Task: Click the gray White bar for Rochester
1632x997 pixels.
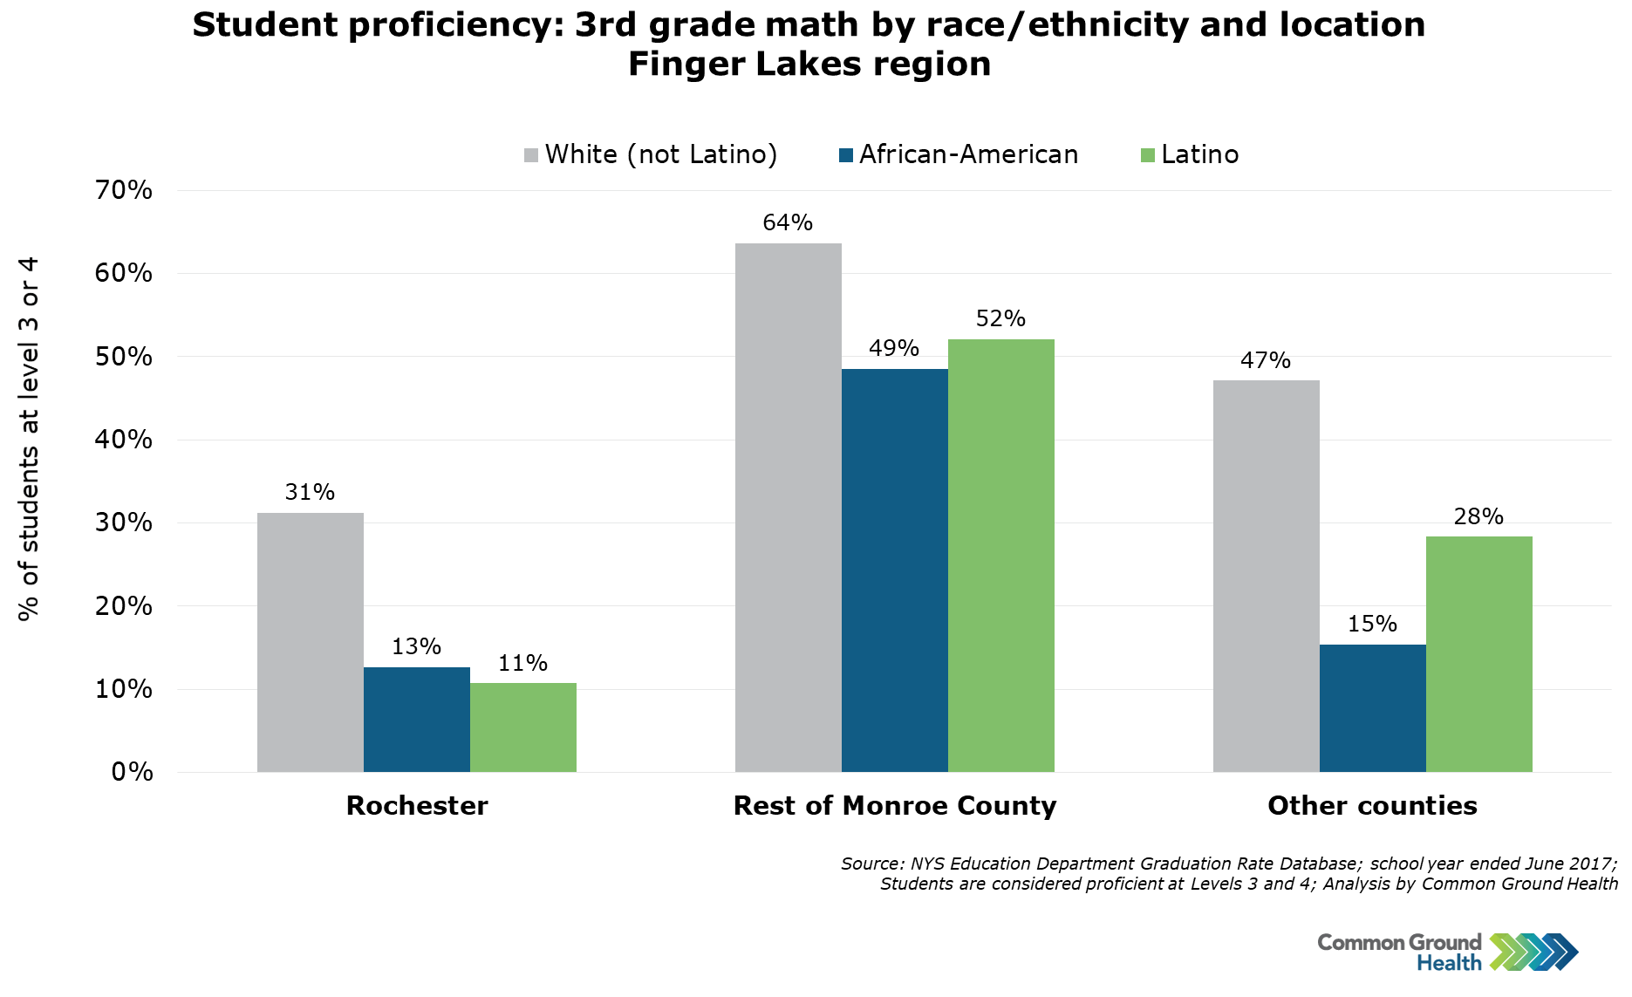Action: [310, 642]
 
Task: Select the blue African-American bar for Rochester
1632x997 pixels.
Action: [416, 720]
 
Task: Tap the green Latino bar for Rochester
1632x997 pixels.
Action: [522, 727]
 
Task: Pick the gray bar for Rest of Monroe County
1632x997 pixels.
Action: [788, 508]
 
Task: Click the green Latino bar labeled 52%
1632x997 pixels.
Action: [1000, 556]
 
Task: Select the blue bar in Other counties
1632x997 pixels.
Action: [1372, 708]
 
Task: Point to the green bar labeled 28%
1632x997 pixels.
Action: [1478, 654]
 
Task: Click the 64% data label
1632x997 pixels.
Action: [788, 223]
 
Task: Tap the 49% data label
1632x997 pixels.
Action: [894, 349]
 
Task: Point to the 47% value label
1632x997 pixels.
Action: [1266, 361]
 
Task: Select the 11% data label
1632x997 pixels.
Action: [522, 664]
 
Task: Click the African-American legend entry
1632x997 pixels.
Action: [959, 155]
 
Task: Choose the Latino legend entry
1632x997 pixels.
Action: [1190, 155]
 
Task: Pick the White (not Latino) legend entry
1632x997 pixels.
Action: [651, 155]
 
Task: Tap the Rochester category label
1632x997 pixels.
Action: [417, 806]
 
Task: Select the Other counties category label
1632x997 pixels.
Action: [1372, 806]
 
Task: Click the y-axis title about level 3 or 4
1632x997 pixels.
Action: [29, 439]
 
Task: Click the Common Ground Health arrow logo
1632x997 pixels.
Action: [1533, 952]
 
